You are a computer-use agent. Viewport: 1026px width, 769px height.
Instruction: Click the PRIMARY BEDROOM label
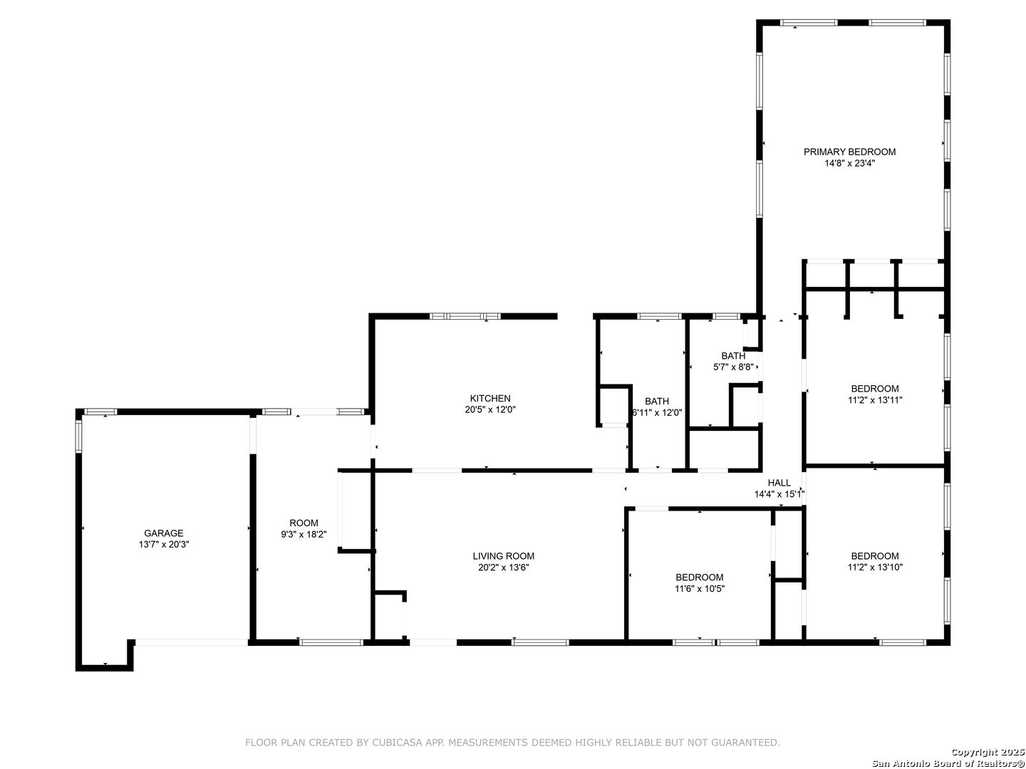[x=849, y=152]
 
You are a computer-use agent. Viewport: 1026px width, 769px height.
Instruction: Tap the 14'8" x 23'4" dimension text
[x=849, y=164]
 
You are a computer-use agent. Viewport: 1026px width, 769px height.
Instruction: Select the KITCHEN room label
[x=490, y=398]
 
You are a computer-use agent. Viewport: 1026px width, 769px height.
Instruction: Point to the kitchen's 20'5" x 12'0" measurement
[x=490, y=410]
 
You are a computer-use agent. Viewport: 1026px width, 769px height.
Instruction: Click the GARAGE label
[x=164, y=533]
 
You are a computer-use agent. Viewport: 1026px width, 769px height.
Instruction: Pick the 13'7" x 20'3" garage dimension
[x=164, y=545]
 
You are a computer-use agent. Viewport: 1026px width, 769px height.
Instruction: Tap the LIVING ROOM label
[x=504, y=556]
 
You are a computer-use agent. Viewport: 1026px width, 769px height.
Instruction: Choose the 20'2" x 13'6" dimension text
[x=504, y=567]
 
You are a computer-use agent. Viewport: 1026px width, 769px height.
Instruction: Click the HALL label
[x=779, y=483]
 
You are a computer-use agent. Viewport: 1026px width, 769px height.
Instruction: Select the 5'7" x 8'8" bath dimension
[x=733, y=367]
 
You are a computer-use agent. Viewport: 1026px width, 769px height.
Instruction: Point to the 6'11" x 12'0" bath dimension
[x=657, y=413]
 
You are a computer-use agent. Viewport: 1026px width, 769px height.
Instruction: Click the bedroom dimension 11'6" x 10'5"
[x=699, y=589]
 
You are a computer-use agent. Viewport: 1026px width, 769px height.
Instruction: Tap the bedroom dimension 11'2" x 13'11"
[x=874, y=400]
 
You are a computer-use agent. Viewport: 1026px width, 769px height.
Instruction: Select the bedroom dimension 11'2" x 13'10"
[x=874, y=567]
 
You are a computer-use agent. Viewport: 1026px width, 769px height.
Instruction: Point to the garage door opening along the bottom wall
[x=191, y=642]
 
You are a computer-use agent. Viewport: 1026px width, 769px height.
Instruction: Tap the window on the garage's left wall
[x=79, y=436]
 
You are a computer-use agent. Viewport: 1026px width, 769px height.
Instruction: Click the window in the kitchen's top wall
[x=465, y=316]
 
